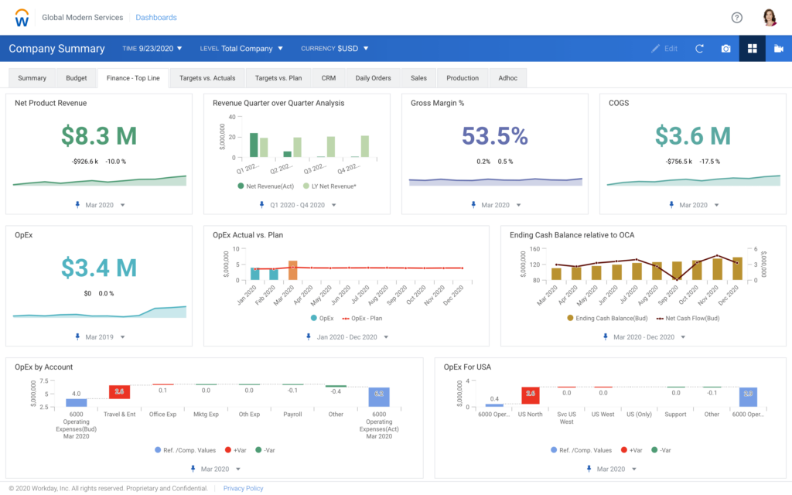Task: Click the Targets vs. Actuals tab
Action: coord(207,78)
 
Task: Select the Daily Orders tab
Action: coord(373,78)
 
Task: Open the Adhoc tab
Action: coord(508,78)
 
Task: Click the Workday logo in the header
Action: coord(23,17)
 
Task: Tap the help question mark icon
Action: coord(736,18)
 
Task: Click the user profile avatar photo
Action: coord(770,18)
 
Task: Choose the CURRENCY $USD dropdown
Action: coord(335,49)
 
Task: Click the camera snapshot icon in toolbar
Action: coord(725,49)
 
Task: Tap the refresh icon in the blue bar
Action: coord(699,49)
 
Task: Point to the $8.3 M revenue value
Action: coord(99,136)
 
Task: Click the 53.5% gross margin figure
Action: coord(494,136)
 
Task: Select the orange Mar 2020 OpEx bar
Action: coord(293,270)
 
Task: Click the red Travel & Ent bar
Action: coord(119,392)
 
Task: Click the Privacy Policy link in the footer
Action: coord(243,488)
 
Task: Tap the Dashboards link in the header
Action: coord(155,17)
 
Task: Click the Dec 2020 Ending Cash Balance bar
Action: coord(737,268)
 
